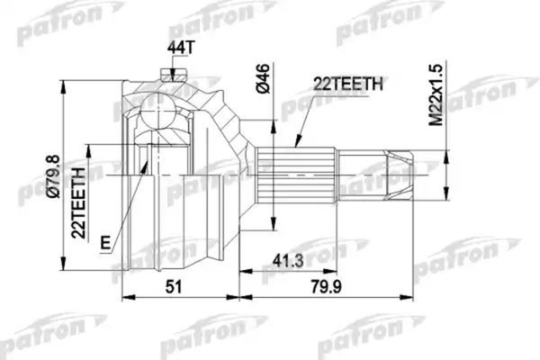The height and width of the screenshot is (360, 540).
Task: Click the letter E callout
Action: tap(107, 242)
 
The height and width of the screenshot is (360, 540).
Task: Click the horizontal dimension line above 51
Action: tap(180, 294)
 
